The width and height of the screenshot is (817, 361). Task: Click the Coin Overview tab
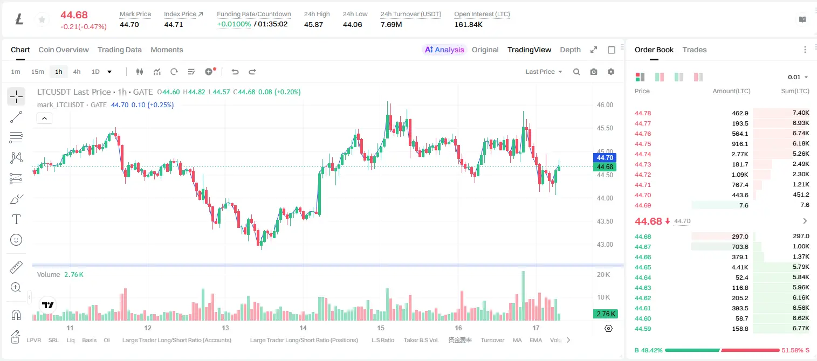[64, 50]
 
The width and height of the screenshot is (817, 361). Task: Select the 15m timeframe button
[37, 72]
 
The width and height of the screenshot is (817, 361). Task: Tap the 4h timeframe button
[77, 72]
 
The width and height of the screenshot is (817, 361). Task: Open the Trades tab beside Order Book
[695, 50]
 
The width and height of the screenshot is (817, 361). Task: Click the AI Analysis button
[444, 50]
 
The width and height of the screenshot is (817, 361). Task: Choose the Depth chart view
[570, 50]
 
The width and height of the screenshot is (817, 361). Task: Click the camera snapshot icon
[594, 72]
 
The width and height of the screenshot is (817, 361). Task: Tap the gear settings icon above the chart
[611, 72]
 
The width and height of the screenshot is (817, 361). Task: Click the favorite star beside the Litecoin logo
[42, 19]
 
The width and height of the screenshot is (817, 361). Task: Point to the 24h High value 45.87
[313, 24]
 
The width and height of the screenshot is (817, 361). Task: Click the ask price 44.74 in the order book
[643, 154]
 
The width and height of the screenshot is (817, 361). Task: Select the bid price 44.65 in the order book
[643, 267]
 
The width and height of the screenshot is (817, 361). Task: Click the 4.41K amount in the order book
[740, 267]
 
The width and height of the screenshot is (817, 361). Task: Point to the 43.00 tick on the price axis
[605, 245]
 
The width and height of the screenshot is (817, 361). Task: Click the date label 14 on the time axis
[303, 328]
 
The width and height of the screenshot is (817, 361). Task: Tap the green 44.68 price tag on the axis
[605, 167]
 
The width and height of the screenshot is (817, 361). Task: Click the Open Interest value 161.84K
[468, 24]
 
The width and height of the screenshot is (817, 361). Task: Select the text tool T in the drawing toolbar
[16, 219]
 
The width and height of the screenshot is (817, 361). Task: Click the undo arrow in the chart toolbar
[235, 72]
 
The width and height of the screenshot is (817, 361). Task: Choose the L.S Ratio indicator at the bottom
[382, 340]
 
